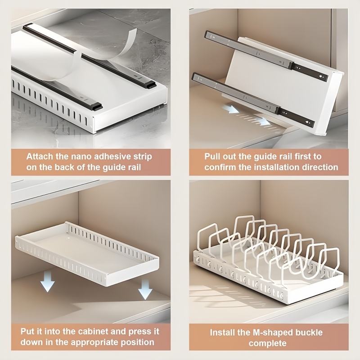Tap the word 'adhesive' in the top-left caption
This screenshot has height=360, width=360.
[110, 157]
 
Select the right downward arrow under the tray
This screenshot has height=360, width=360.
[145, 290]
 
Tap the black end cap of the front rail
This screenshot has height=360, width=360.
[95, 107]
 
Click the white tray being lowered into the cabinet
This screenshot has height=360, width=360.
[85, 252]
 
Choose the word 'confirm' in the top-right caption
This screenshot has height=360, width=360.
[220, 167]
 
